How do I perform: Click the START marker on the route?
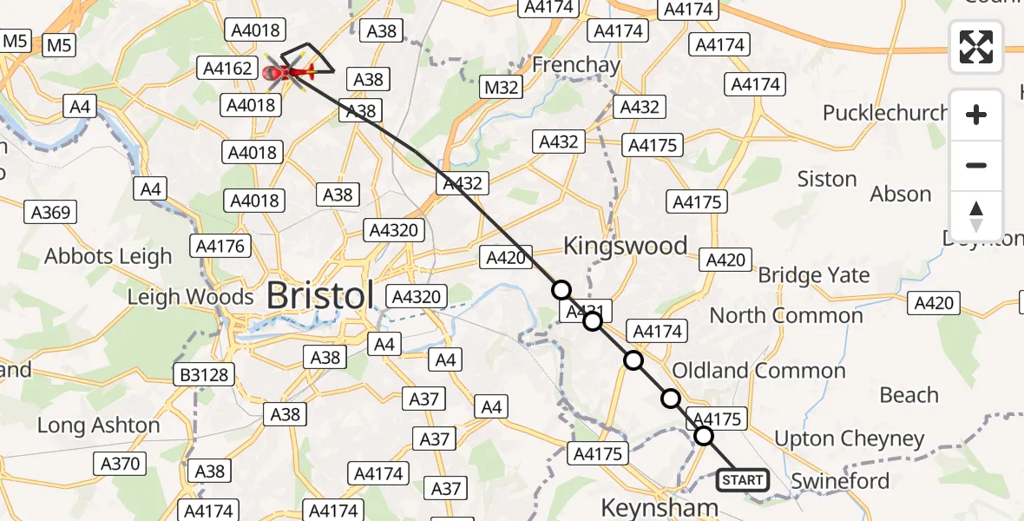tap(742, 479)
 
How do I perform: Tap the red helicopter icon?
tap(287, 70)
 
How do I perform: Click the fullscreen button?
tap(976, 47)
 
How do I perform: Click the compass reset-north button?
tap(976, 216)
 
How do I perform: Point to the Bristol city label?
tap(319, 295)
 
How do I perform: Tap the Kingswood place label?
tap(625, 246)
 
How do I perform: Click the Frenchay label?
tap(575, 64)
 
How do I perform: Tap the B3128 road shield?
tap(205, 375)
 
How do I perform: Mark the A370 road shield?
tap(120, 464)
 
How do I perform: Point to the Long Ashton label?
tap(98, 425)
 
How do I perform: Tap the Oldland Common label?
tap(758, 371)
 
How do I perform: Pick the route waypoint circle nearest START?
tap(704, 436)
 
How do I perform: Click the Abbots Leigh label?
tap(108, 257)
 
